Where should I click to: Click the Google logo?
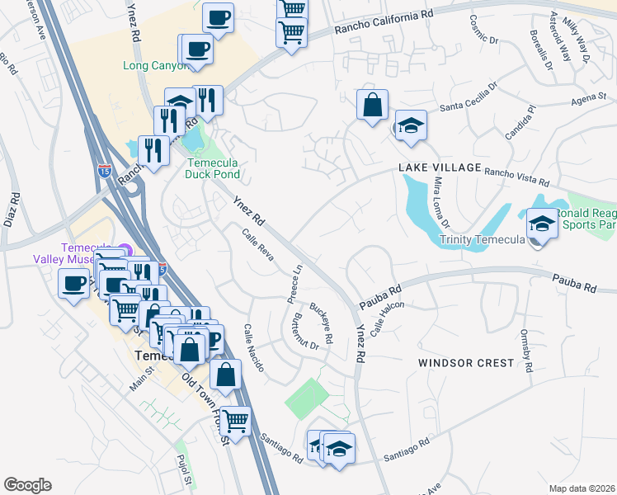(27, 484)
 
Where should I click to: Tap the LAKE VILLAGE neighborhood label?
(440, 167)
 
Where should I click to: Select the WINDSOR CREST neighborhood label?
(465, 363)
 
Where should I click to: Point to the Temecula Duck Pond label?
(211, 168)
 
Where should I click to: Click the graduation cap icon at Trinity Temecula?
(542, 224)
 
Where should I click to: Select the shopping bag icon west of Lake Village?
(372, 106)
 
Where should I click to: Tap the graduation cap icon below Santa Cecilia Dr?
(410, 126)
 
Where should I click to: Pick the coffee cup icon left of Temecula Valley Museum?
(73, 285)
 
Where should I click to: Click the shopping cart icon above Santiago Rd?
(236, 421)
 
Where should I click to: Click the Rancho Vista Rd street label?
(516, 172)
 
